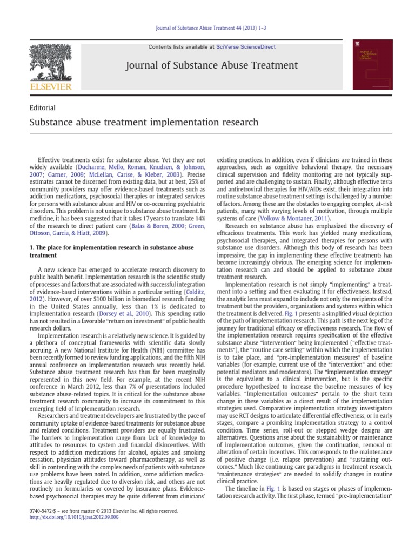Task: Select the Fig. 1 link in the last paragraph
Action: [x=255, y=488]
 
